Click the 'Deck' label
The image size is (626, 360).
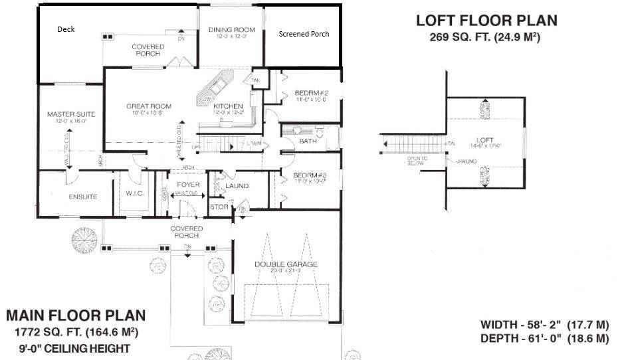[x=66, y=29]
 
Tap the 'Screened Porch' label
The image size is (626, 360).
[x=304, y=34]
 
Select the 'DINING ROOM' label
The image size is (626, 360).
[x=232, y=30]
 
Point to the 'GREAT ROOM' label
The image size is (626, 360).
[x=149, y=106]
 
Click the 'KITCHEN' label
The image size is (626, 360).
[x=228, y=106]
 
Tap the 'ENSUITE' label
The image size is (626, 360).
[x=83, y=197]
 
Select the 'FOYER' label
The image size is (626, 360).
[x=188, y=185]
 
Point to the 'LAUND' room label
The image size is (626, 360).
[x=237, y=186]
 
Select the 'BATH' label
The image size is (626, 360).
[x=308, y=141]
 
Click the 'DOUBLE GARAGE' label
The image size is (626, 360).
[x=286, y=264]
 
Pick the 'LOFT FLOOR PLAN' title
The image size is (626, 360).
[x=486, y=21]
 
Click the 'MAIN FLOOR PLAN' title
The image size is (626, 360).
[x=76, y=315]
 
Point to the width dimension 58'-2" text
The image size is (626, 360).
[x=544, y=325]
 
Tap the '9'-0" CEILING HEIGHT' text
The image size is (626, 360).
[x=74, y=348]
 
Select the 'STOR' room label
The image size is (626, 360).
[x=219, y=207]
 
